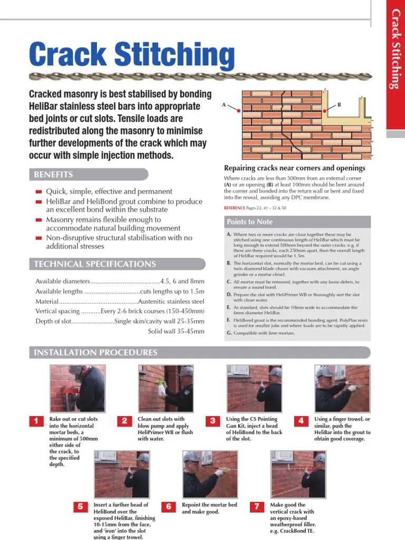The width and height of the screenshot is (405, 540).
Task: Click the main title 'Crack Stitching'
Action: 132,55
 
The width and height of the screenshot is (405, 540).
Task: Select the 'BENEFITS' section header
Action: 53,175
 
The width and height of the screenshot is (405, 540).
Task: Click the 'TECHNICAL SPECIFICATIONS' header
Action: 95,264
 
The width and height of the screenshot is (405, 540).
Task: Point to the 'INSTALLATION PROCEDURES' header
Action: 95,352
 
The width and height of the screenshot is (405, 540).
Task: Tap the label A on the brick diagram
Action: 224,105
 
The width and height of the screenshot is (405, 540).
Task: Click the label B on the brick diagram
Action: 339,105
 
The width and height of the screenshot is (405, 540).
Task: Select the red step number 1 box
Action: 36,420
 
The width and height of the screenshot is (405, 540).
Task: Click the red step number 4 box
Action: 301,420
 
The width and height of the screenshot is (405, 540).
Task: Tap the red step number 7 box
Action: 257,506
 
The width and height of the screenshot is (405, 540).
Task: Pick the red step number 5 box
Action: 81,506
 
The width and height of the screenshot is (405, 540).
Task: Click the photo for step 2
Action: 165,389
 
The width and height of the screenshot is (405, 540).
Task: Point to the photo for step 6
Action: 209,474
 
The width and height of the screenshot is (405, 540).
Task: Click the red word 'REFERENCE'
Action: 235,208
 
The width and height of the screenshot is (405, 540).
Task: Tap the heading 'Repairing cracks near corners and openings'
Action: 295,168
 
